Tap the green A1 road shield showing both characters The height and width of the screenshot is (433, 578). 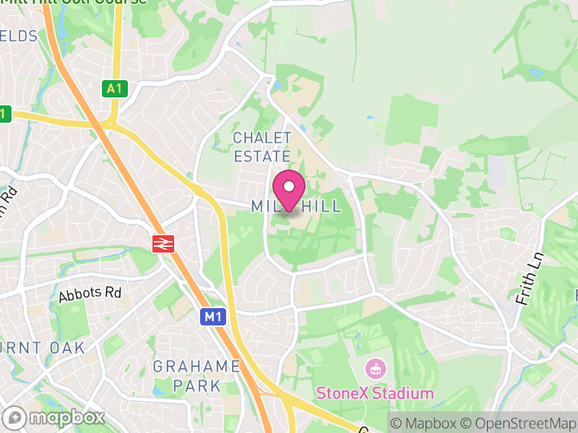113,89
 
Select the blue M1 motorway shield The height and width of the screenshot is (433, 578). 211,316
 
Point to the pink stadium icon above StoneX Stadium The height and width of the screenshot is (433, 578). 376,369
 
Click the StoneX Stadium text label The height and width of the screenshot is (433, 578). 375,394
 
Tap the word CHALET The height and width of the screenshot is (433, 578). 262,138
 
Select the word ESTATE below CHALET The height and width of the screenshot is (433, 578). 262,156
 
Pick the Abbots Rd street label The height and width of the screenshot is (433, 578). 90,294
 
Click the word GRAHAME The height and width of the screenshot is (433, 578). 197,367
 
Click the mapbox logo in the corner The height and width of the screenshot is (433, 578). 55,417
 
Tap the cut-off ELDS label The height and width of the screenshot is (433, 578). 17,36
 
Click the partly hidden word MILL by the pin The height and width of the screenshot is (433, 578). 263,207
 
